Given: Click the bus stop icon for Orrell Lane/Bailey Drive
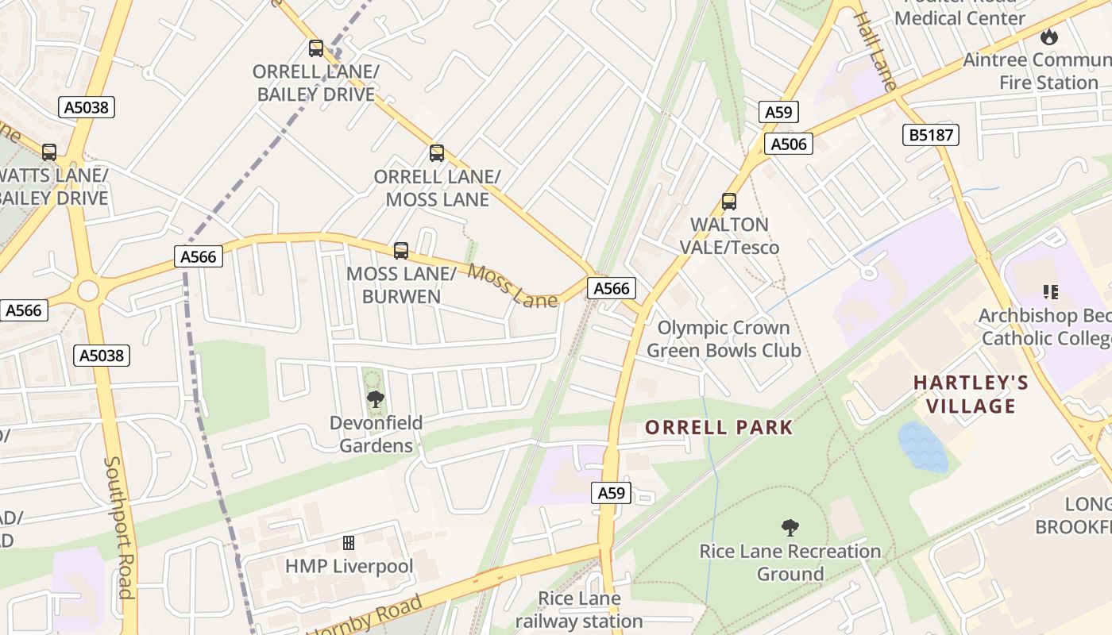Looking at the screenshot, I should [x=316, y=48].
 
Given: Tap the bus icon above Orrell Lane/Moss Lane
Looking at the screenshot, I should [x=436, y=153].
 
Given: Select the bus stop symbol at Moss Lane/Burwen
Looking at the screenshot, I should [x=401, y=251].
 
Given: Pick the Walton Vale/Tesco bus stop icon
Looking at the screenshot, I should [x=728, y=202].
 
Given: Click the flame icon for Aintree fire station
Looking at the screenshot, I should [x=1049, y=37].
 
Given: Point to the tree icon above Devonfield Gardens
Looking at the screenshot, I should [x=376, y=399].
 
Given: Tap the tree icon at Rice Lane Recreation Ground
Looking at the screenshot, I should [x=790, y=527].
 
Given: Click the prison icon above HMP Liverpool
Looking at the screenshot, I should [x=348, y=543].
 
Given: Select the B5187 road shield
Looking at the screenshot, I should [x=931, y=135].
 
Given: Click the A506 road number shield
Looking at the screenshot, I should [x=789, y=144].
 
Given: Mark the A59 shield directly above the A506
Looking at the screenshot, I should [x=778, y=112].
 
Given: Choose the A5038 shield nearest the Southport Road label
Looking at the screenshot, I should [x=102, y=355].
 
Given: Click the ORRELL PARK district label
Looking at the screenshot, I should [x=719, y=427].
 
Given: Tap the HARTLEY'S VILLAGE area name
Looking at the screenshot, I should [x=971, y=394].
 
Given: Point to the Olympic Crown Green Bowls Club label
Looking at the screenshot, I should [x=724, y=339].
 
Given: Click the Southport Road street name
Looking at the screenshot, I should [x=118, y=527].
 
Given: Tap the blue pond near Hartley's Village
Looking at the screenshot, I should [x=923, y=447].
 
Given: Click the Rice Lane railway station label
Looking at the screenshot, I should [x=579, y=610].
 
